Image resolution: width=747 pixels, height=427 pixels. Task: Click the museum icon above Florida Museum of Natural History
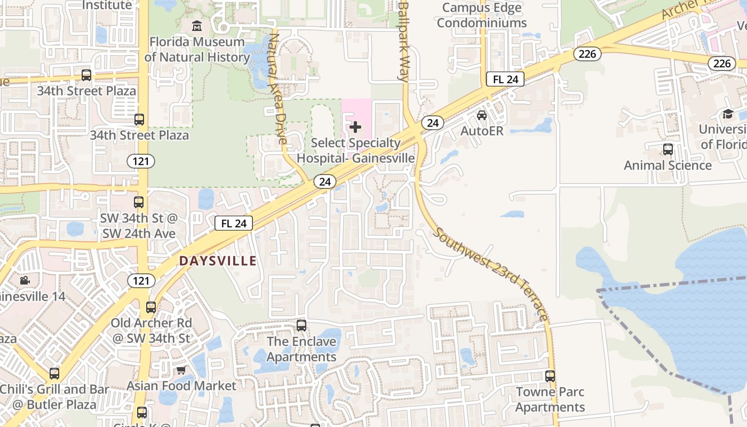tap(197, 26)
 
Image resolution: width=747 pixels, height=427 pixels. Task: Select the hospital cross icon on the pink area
tap(355, 127)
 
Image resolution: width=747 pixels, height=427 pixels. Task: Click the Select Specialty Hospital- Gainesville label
tap(355, 151)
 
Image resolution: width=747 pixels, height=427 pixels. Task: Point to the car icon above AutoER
tap(482, 115)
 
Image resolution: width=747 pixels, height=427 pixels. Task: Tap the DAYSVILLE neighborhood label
tap(218, 261)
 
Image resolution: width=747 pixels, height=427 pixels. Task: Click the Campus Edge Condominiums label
tap(482, 15)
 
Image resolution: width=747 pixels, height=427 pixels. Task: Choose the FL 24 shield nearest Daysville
tap(234, 223)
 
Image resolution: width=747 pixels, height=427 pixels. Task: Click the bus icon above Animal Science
tap(667, 149)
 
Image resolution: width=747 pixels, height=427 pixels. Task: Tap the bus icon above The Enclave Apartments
tap(301, 325)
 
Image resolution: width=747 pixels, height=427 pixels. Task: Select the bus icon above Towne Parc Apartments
tap(550, 376)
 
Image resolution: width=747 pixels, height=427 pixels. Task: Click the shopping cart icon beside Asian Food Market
tap(181, 370)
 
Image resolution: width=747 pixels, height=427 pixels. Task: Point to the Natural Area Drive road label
tap(278, 89)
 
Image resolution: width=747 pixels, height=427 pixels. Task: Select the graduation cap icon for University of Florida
tap(728, 114)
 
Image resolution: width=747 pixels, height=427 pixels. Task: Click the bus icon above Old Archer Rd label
tap(151, 307)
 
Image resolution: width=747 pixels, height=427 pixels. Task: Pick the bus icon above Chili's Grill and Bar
tap(54, 374)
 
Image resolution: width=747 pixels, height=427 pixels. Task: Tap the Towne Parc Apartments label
tap(550, 399)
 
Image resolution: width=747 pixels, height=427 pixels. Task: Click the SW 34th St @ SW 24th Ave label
tap(139, 226)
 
